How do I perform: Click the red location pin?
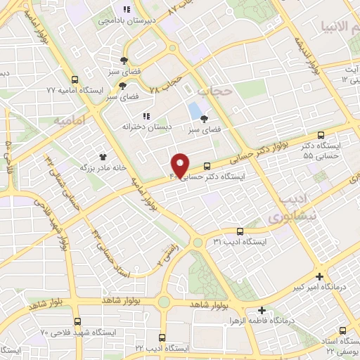coord(181,165)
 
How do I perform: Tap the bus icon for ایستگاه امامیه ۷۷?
coord(75,79)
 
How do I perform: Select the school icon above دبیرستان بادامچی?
coord(126,9)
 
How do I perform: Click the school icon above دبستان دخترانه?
coord(146,116)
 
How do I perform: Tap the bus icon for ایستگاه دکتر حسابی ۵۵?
coord(321,135)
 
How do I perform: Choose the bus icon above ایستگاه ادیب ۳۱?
coord(240,231)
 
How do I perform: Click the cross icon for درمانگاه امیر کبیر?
coord(320,276)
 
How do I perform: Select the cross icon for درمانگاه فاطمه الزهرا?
coord(262,310)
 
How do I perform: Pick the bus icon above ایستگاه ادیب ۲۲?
coord(162,337)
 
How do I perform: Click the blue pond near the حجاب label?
coord(193,110)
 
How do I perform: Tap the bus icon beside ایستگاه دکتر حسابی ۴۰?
coord(207,167)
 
